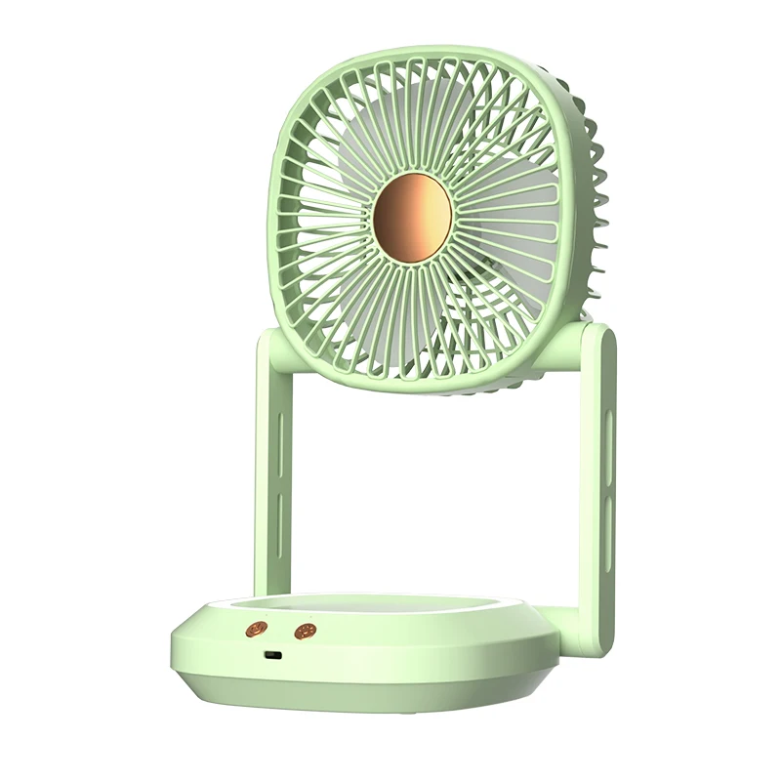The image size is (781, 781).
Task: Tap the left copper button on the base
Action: click(259, 628)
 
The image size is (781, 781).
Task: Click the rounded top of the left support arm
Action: click(275, 342)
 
